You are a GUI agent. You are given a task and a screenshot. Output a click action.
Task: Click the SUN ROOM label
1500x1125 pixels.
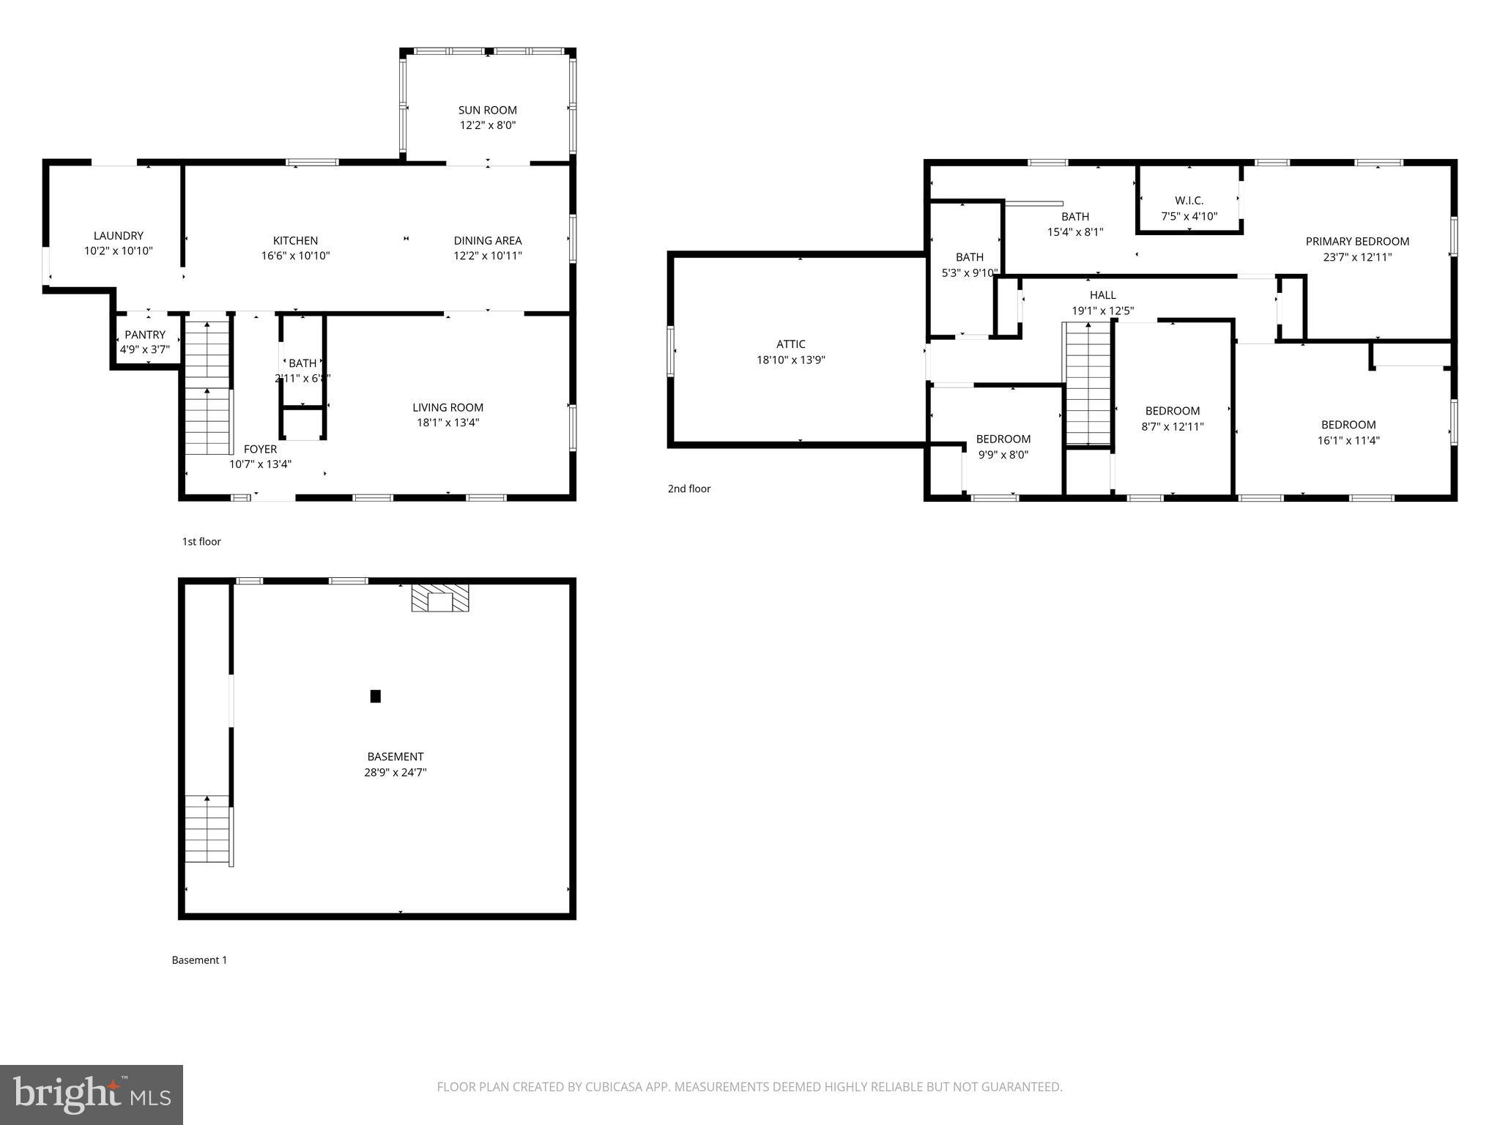point(487,110)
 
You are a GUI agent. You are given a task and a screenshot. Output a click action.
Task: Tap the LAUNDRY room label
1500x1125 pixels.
point(118,236)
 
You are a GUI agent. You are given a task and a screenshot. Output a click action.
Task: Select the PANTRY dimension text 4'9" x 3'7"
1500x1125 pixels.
point(145,349)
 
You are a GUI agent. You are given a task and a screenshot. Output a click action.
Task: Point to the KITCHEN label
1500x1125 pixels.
point(295,240)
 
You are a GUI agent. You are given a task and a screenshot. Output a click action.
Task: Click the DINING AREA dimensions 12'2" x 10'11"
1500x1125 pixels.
point(487,256)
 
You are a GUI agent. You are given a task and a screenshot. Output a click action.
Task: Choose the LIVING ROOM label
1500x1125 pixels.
point(448,407)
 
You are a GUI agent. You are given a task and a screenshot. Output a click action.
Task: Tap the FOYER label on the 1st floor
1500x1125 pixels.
point(260,449)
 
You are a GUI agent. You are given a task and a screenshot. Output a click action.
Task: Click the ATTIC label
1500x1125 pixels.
point(790,344)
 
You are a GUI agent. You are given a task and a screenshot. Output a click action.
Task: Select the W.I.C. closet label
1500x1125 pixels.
point(1189,200)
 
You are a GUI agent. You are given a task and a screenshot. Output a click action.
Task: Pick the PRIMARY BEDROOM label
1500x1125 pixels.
point(1356,241)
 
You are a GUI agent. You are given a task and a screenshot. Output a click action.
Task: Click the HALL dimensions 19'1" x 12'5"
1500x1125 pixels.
point(1102,311)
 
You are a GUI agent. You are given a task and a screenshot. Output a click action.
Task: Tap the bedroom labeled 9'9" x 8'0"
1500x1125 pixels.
point(1003,447)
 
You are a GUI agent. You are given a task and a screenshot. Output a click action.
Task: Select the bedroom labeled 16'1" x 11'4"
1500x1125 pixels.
point(1348,432)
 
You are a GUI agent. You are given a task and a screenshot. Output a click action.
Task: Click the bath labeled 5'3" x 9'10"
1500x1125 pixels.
point(969,264)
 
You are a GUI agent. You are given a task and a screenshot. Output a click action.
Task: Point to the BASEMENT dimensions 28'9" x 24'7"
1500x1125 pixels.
point(395,772)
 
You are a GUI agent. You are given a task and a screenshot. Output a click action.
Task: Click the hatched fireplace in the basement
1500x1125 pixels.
point(439,598)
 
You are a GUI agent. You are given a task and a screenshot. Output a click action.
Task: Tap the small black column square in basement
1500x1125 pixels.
point(375,696)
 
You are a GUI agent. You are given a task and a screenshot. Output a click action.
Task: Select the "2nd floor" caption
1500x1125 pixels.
point(688,489)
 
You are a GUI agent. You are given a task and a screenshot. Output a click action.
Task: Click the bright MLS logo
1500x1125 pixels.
point(92,1094)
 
